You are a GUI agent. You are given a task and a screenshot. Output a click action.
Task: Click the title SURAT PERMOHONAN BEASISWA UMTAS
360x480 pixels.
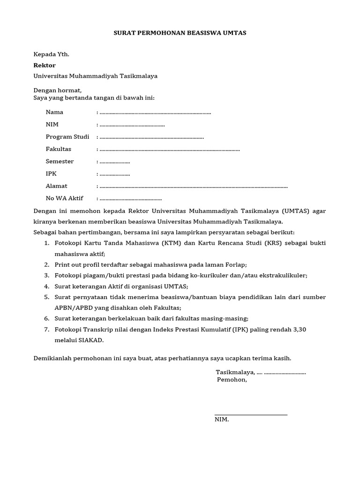click(180, 33)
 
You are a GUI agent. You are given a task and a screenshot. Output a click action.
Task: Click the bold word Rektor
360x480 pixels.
click(45, 65)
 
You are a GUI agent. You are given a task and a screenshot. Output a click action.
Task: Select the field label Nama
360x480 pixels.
click(54, 112)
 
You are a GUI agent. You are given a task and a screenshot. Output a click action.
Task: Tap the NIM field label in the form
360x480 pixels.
click(52, 124)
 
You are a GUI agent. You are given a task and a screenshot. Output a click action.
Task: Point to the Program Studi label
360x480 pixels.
click(67, 137)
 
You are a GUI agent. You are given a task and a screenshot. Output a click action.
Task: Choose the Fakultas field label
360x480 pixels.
click(58, 149)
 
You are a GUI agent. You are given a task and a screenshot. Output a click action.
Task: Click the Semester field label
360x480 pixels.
click(60, 161)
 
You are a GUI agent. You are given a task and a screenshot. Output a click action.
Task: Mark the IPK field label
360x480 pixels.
click(51, 173)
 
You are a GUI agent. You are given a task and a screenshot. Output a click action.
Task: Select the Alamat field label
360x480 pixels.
click(56, 186)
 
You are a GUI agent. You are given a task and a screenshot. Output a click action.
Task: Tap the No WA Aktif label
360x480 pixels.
click(64, 198)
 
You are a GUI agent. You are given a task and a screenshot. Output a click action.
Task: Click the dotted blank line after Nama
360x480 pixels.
click(155, 113)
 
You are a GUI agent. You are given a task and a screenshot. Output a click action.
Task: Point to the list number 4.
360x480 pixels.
click(46, 286)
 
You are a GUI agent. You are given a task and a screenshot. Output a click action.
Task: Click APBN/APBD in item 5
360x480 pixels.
click(73, 307)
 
